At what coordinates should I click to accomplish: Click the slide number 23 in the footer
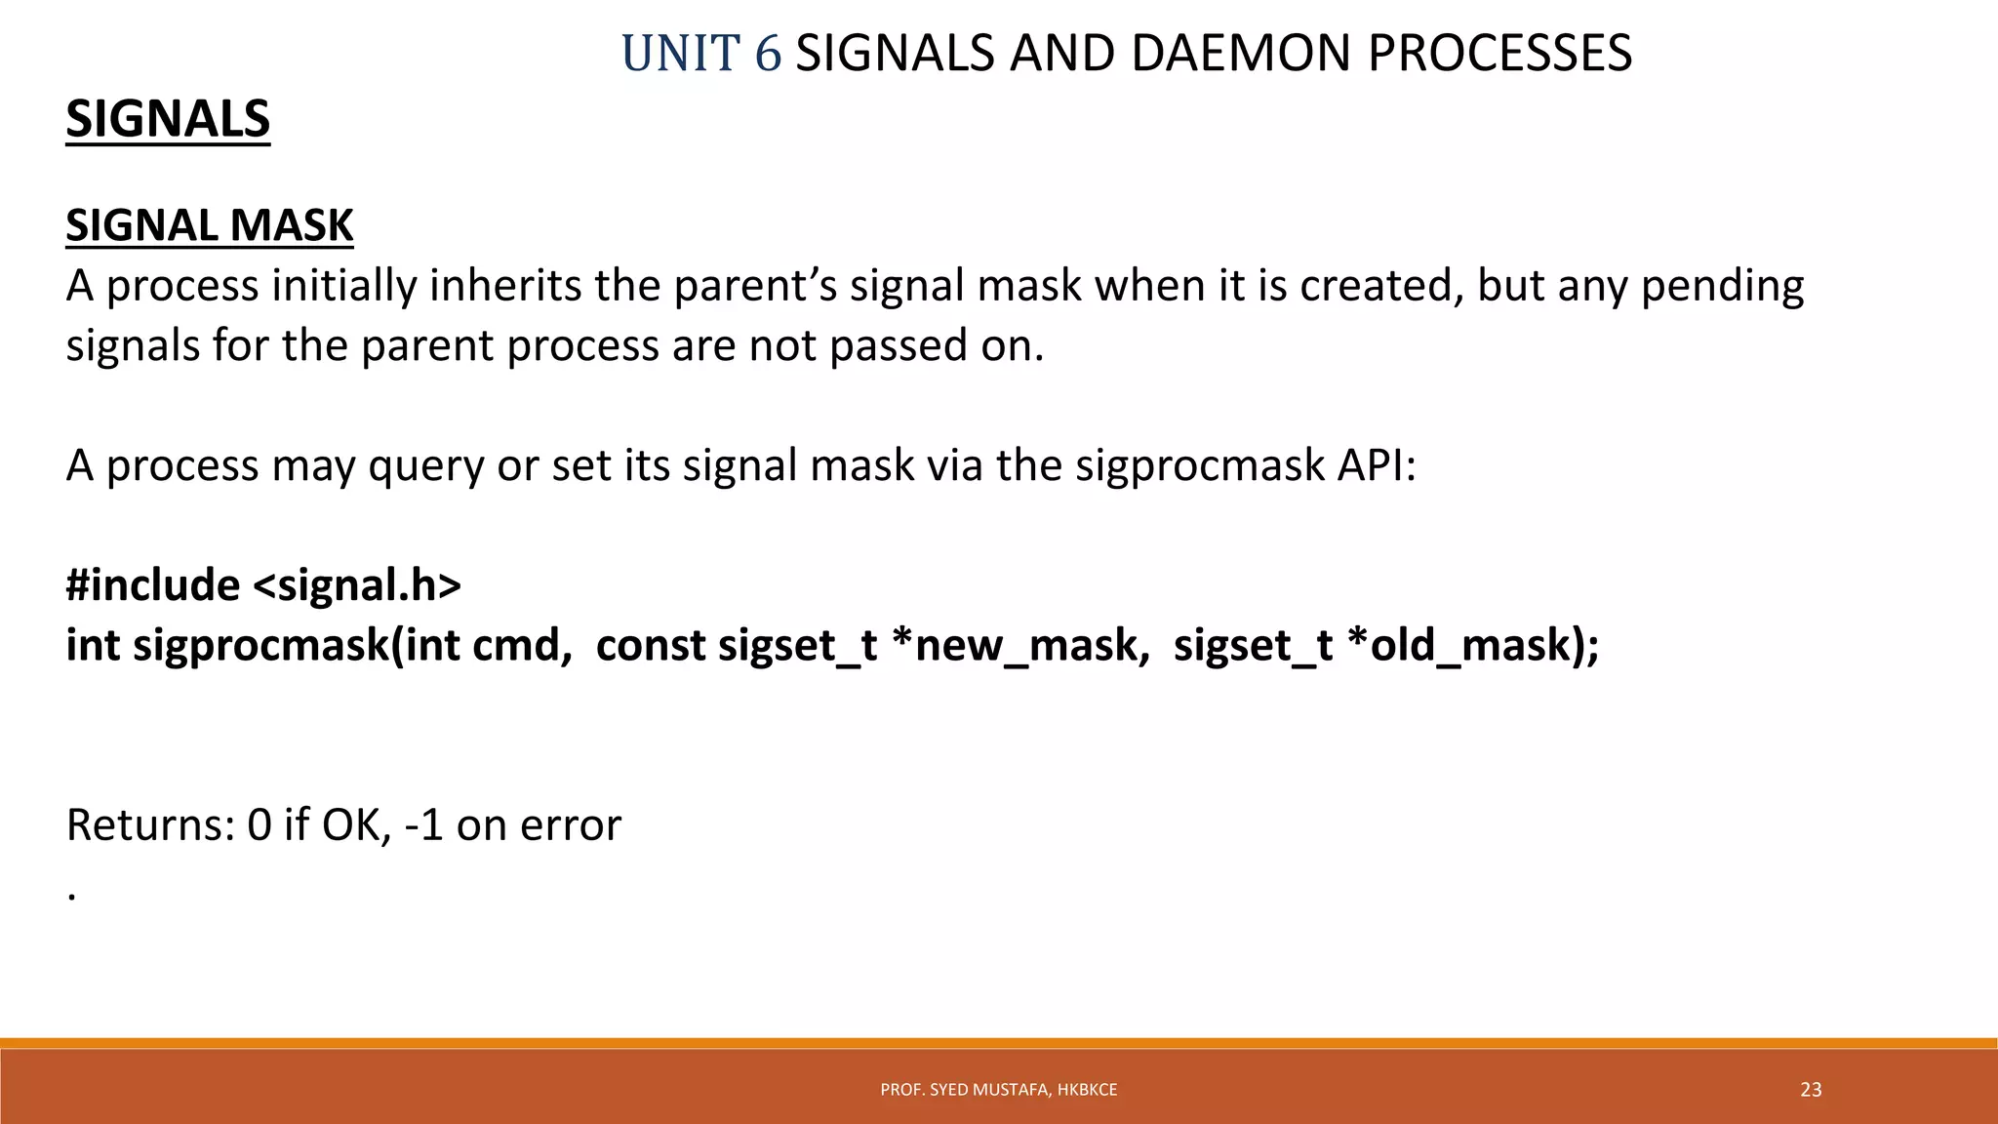(1811, 1090)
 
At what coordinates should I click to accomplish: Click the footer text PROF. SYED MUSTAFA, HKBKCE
(998, 1090)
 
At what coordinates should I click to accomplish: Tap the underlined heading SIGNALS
(168, 119)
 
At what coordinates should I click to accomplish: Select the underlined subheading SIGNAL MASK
(209, 225)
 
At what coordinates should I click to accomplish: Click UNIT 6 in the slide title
(700, 54)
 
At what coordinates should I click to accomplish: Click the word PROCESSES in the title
(1499, 54)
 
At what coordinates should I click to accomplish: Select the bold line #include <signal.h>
(263, 585)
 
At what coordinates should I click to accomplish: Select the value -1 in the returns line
(423, 825)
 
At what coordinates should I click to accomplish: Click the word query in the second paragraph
(425, 465)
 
